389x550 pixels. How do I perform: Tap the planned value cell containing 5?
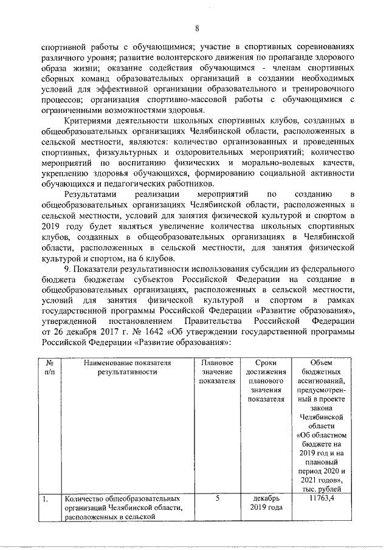[x=217, y=498]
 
